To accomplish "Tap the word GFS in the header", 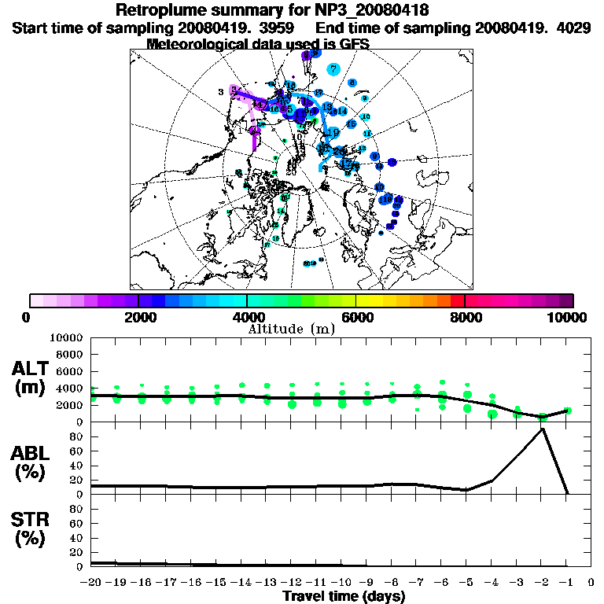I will [353, 43].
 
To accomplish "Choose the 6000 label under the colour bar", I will [356, 317].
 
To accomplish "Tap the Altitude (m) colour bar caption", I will [292, 329].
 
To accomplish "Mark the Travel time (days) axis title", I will [344, 596].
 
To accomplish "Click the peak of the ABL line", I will [542, 429].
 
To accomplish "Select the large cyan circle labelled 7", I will [333, 69].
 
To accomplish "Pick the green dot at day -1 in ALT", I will [567, 411].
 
